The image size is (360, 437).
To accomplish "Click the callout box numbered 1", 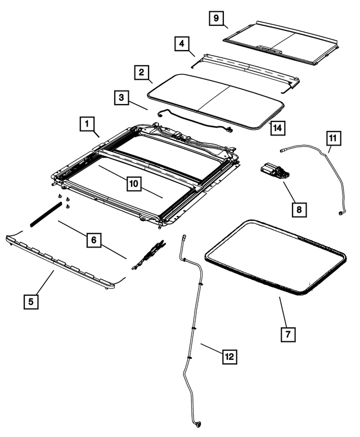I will click(88, 123).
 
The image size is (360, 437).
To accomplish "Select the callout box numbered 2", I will click(142, 73).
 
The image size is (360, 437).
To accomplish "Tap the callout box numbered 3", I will click(121, 97).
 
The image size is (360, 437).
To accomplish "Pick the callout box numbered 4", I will click(181, 43).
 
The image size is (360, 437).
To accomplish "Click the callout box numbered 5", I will click(31, 302).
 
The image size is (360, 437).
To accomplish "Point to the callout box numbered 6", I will click(93, 241).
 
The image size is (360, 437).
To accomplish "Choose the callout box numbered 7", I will click(287, 334).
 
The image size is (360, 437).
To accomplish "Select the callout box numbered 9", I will click(214, 18).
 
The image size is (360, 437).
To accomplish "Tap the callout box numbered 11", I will click(332, 137).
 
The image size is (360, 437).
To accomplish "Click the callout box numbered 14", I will click(276, 128).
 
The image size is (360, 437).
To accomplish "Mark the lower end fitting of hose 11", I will click(341, 213).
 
